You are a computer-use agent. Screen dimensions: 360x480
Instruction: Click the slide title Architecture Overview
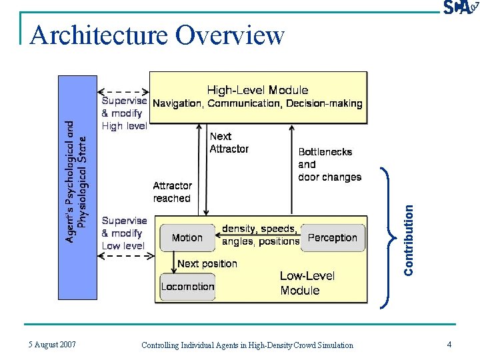(157, 35)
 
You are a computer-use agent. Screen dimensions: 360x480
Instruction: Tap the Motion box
(187, 238)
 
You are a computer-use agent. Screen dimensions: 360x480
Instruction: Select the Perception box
(333, 238)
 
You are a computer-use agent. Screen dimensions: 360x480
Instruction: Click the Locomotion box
(187, 287)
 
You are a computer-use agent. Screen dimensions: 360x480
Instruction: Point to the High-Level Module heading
(257, 90)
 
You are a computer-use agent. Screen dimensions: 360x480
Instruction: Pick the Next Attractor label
(229, 143)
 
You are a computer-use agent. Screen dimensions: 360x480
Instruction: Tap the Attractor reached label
(172, 192)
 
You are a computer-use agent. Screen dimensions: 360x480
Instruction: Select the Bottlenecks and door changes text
(329, 165)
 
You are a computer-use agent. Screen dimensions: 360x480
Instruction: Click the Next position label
(207, 264)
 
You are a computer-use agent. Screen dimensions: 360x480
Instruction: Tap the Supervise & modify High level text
(124, 113)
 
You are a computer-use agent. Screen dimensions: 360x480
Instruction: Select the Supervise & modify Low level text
(124, 233)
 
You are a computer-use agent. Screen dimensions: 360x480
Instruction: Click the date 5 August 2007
(52, 345)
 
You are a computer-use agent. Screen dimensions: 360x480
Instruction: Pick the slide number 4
(449, 345)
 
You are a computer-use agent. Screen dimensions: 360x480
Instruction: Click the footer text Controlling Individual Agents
(247, 345)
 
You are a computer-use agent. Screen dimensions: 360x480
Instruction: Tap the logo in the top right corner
(459, 7)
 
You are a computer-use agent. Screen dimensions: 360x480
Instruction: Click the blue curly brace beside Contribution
(385, 237)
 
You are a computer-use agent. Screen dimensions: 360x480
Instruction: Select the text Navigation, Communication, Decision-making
(257, 104)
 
